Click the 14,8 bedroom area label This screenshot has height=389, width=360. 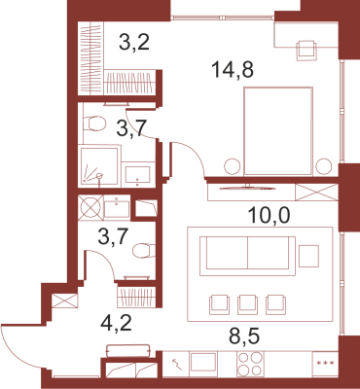(233, 70)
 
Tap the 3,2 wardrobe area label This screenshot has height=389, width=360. (134, 42)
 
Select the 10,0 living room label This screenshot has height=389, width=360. (269, 215)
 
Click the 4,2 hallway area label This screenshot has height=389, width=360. (117, 323)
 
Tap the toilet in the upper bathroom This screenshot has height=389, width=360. (94, 124)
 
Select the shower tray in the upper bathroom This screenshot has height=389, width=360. (98, 166)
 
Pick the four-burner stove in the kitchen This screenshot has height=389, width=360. (250, 364)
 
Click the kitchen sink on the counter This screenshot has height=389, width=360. (203, 363)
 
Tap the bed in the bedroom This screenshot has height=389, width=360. (278, 131)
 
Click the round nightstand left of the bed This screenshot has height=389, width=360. (233, 166)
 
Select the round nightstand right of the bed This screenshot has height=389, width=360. (324, 166)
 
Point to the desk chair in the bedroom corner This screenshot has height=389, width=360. (306, 50)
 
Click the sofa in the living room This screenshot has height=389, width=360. (247, 256)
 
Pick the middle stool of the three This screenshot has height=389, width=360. (248, 304)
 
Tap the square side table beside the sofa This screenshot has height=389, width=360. (308, 256)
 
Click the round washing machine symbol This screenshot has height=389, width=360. (90, 207)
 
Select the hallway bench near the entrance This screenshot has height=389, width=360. (128, 351)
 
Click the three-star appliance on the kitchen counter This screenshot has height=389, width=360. (325, 364)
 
